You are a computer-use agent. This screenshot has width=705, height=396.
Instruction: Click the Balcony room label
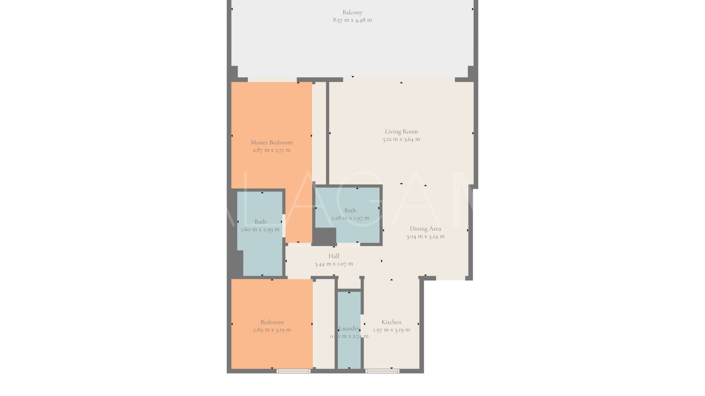pyautogui.click(x=352, y=12)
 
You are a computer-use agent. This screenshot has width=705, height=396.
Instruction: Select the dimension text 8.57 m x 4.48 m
pyautogui.click(x=352, y=20)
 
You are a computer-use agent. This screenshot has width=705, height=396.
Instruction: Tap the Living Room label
pyautogui.click(x=401, y=131)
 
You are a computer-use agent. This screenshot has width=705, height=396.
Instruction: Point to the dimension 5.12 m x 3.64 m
pyautogui.click(x=401, y=139)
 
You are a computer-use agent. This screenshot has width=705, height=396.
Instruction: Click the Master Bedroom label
pyautogui.click(x=271, y=142)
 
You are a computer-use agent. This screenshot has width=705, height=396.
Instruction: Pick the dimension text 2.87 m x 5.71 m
pyautogui.click(x=271, y=150)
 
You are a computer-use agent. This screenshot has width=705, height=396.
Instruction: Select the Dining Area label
pyautogui.click(x=425, y=228)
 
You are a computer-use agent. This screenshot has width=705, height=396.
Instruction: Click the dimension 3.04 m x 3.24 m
pyautogui.click(x=425, y=236)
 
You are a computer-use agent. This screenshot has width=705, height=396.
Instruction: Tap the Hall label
pyautogui.click(x=333, y=256)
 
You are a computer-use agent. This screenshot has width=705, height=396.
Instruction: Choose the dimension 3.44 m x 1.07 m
pyautogui.click(x=333, y=264)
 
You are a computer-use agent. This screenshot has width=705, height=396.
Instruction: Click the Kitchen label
pyautogui.click(x=391, y=322)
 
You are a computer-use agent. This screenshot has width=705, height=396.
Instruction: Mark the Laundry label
pyautogui.click(x=349, y=329)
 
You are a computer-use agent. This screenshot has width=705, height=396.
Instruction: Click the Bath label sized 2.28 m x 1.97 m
pyautogui.click(x=350, y=210)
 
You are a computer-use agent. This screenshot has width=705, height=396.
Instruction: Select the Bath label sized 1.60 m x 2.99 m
pyautogui.click(x=260, y=221)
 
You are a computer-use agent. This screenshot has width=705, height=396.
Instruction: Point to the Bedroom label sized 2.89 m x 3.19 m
pyautogui.click(x=272, y=322)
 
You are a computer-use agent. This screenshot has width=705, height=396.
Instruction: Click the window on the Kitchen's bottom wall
pyautogui.click(x=382, y=371)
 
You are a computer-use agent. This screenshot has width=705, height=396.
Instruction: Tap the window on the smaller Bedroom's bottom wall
pyautogui.click(x=293, y=371)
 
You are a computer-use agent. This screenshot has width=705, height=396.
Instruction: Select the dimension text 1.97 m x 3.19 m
pyautogui.click(x=391, y=330)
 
